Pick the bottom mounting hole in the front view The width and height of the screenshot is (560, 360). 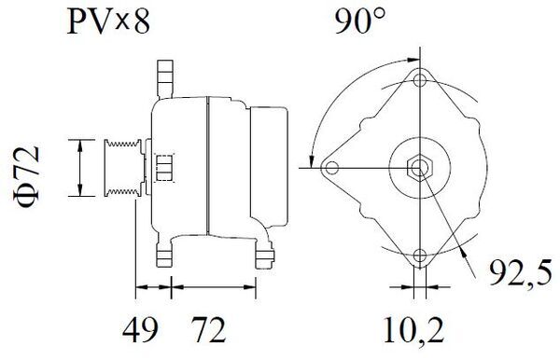pyautogui.click(x=419, y=258)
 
